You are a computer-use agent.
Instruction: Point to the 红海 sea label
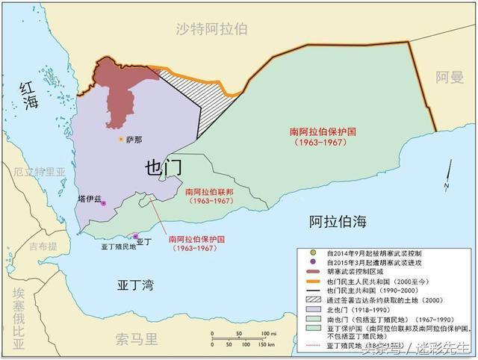pyautogui.click(x=28, y=96)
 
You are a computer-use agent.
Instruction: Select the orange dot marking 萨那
pyautogui.click(x=120, y=139)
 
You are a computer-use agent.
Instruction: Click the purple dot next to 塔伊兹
pyautogui.click(x=104, y=202)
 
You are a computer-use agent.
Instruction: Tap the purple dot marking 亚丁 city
pyautogui.click(x=135, y=236)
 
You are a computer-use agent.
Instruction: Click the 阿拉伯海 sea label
pyautogui.click(x=339, y=221)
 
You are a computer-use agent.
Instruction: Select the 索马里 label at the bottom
pyautogui.click(x=137, y=340)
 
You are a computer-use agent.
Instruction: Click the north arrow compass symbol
pyautogui.click(x=445, y=180)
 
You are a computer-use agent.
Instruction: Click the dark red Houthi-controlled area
pyautogui.click(x=119, y=90)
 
